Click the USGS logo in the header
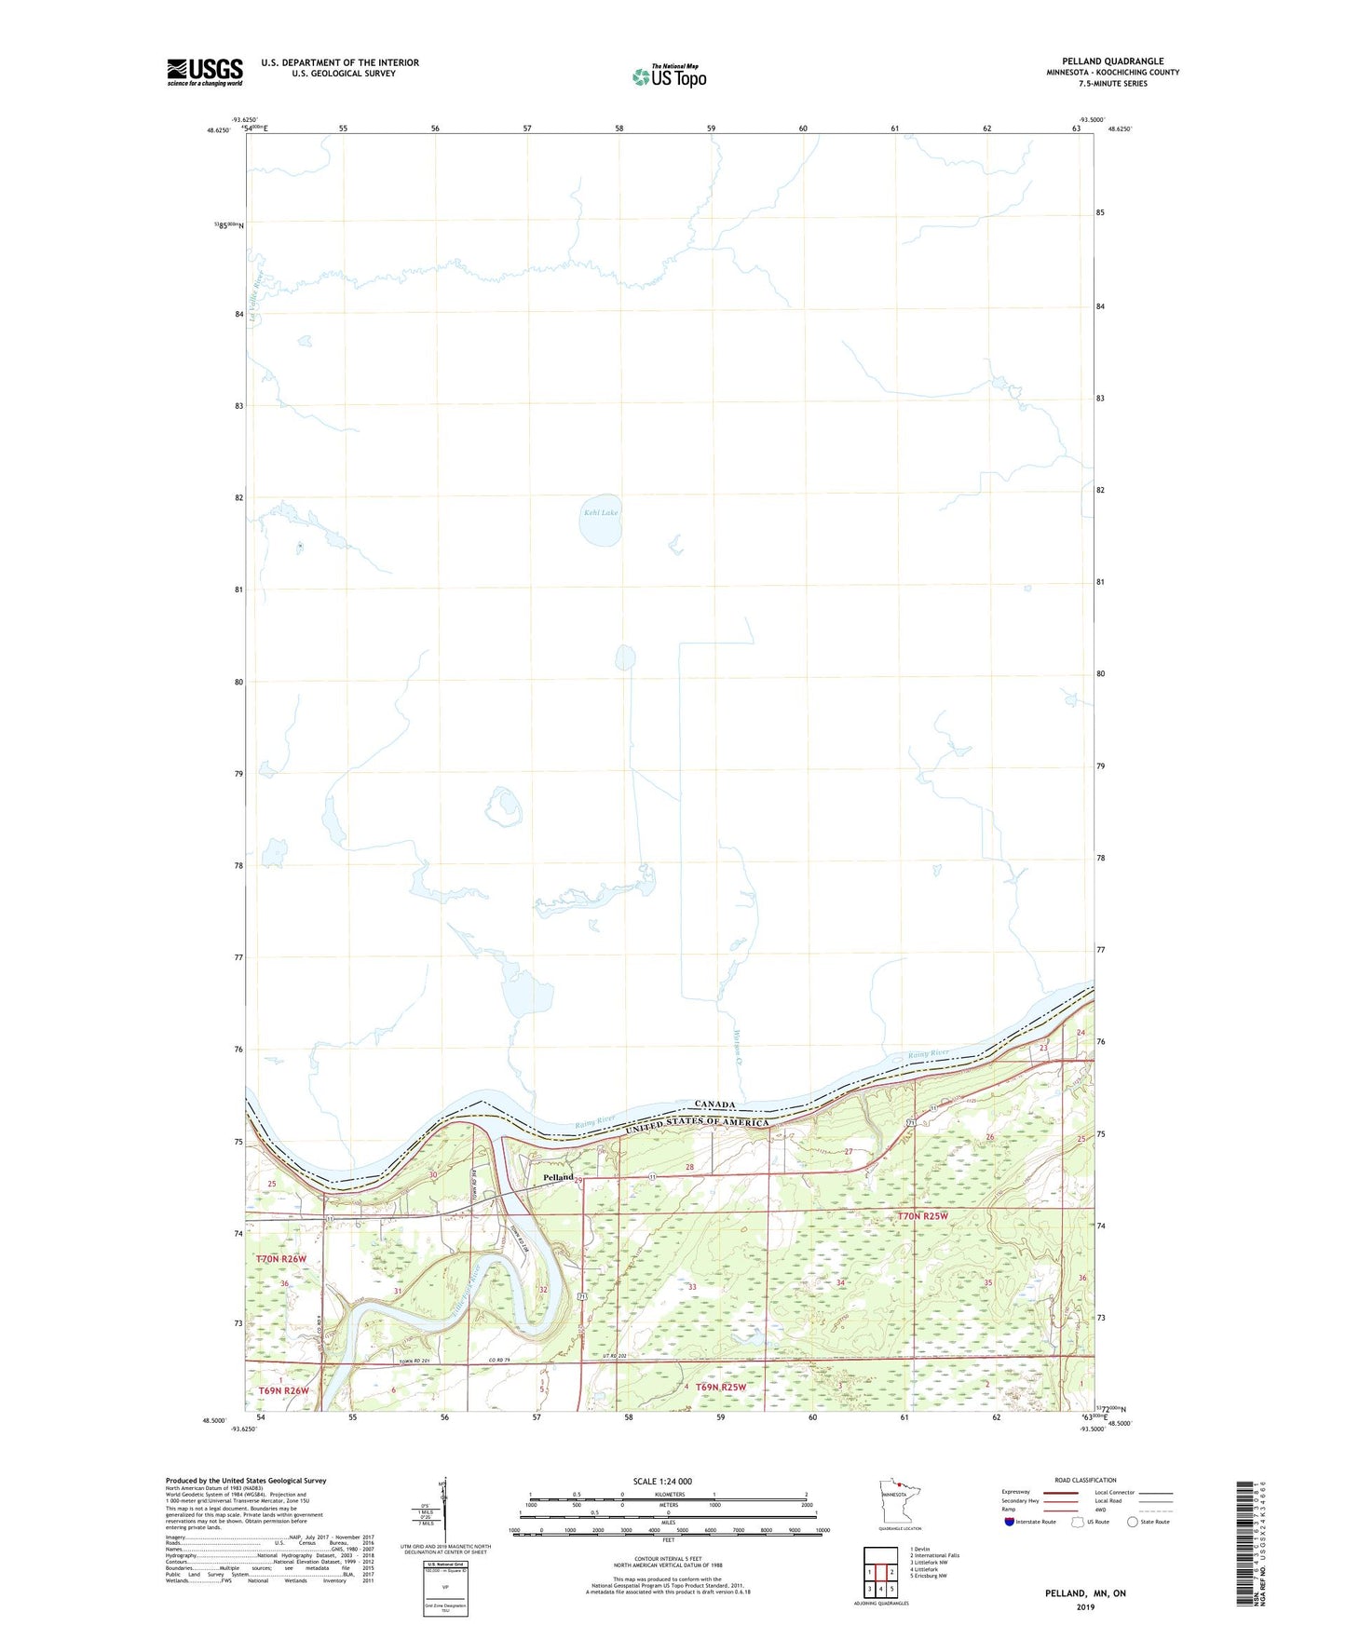point(205,72)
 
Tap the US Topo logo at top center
point(669,76)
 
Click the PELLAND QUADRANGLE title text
point(1112,61)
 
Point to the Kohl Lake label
point(601,512)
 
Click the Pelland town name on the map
point(558,1177)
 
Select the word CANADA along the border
point(714,1104)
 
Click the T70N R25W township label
point(922,1216)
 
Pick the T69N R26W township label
point(282,1390)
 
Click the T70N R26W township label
point(281,1259)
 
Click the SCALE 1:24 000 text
point(662,1481)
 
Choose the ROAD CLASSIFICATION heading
point(1085,1480)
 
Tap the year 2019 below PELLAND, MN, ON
point(1085,1607)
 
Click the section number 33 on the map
point(692,1287)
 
